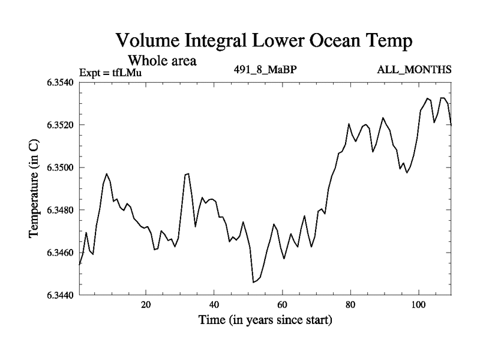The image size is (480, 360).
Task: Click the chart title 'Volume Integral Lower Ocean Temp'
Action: [264, 41]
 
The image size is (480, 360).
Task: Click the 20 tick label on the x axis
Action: [146, 304]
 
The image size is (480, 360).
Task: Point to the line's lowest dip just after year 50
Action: [254, 282]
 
